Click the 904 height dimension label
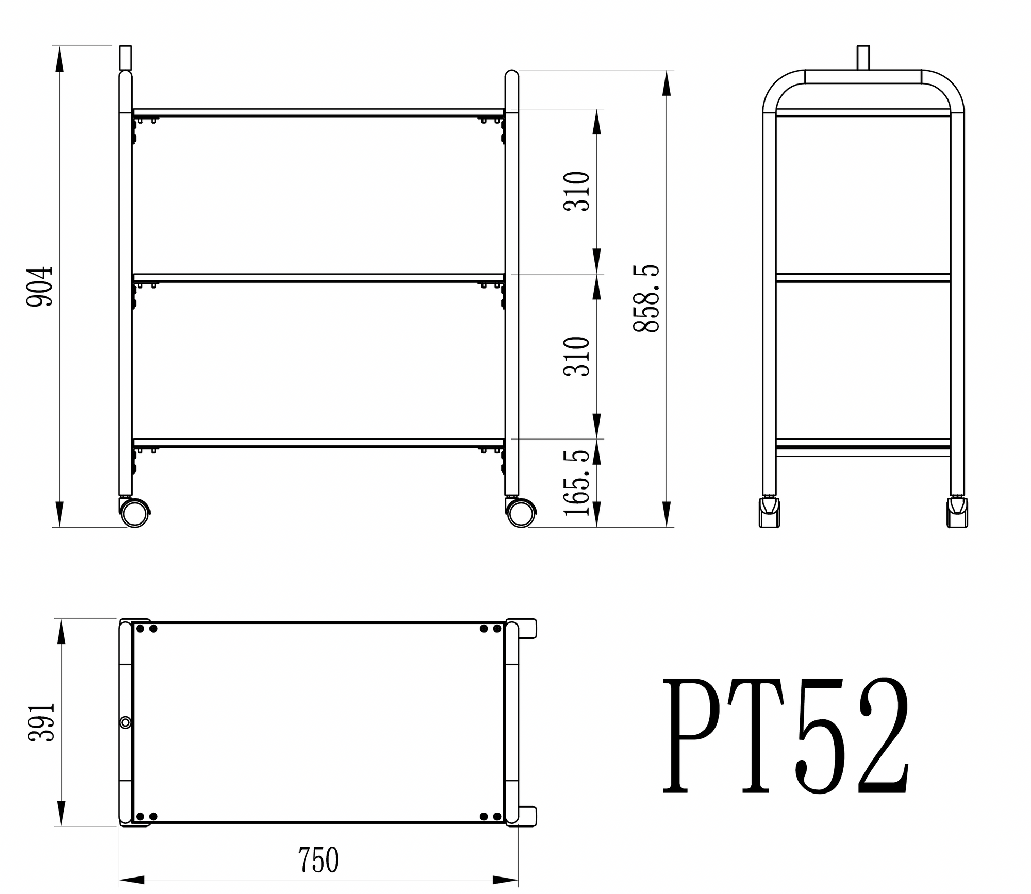pos(40,286)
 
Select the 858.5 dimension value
pos(646,298)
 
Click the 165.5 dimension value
pos(576,482)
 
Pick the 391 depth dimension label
pos(41,722)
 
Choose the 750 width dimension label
pos(318,859)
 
